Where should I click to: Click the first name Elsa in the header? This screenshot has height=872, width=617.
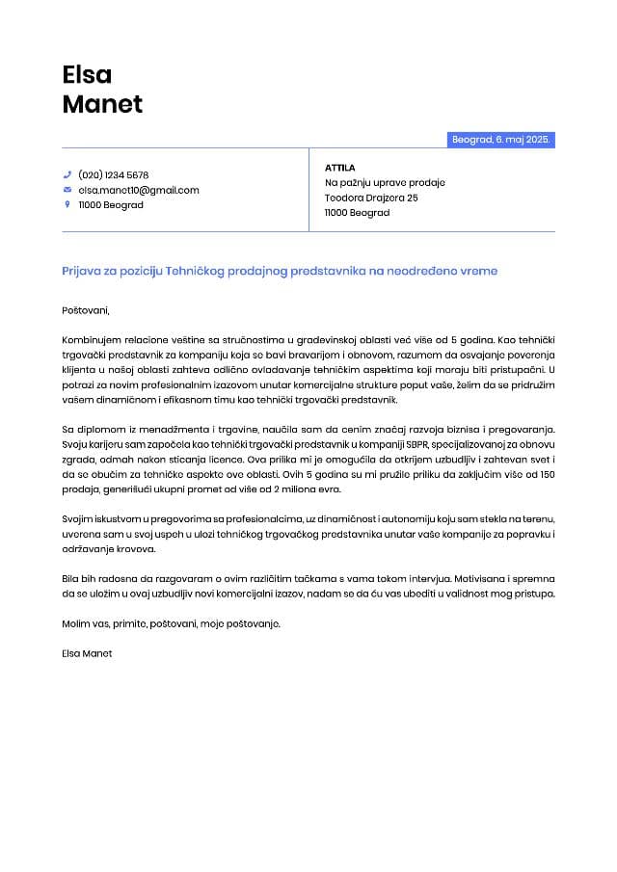click(87, 74)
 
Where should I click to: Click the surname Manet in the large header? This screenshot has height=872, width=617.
click(102, 104)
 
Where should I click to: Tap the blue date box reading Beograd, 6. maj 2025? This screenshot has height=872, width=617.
click(501, 140)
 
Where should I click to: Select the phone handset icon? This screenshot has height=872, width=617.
click(67, 175)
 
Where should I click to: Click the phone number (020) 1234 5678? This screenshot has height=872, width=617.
click(114, 175)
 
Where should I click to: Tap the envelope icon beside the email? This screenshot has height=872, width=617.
click(67, 190)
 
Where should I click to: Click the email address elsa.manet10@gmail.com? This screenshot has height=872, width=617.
click(139, 190)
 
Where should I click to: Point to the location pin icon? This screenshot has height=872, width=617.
click(67, 204)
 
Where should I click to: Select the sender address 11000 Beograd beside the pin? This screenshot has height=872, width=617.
click(111, 205)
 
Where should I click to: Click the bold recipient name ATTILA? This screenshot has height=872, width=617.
click(340, 168)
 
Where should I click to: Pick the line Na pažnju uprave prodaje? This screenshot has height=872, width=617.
click(385, 182)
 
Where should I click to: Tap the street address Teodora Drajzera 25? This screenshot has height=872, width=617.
click(371, 198)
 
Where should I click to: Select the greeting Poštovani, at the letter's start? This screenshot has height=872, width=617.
click(86, 310)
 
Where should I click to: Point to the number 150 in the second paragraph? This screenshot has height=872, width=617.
click(547, 474)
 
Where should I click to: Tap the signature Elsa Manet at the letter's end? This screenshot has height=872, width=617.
click(87, 653)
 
